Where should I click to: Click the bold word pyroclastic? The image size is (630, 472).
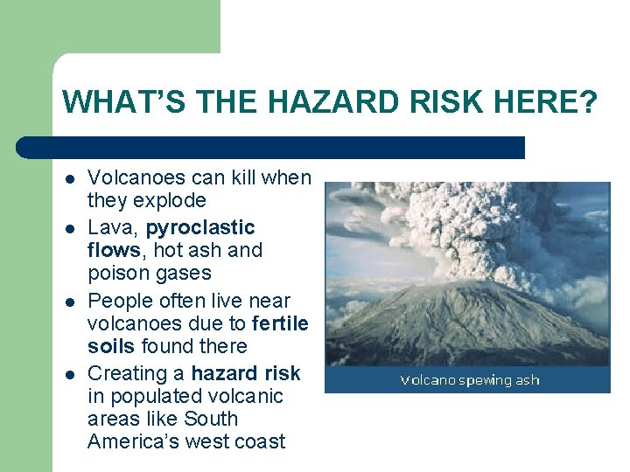pos(200,228)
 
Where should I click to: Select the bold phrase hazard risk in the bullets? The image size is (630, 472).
pos(245,373)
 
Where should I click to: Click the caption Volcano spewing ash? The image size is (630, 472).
pos(469,380)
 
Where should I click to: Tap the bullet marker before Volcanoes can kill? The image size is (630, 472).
pos(67,178)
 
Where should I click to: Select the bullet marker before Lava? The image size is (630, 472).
pos(67,228)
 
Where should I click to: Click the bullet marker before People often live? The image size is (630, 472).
pos(67,301)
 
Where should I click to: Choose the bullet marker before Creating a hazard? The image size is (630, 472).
pos(67,373)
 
